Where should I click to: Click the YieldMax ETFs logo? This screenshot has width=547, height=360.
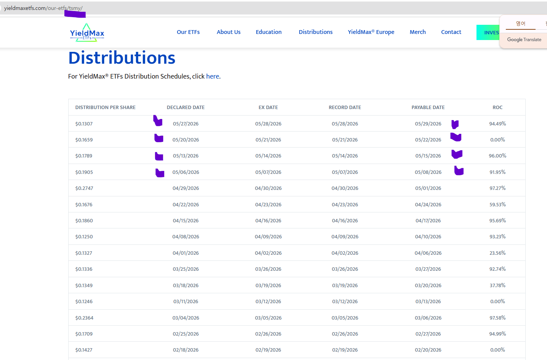87,32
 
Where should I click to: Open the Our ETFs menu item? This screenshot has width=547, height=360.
188,32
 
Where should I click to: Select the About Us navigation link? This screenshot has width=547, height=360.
229,32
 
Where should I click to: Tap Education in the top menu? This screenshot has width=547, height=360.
269,32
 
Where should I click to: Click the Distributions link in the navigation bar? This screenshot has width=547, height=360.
316,32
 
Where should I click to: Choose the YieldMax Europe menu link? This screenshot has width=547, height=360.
371,32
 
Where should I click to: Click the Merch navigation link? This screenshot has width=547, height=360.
417,32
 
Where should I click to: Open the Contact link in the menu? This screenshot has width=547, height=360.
451,32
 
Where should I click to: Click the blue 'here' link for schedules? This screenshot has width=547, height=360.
212,76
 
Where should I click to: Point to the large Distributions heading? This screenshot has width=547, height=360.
122,58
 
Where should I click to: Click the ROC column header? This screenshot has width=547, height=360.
497,108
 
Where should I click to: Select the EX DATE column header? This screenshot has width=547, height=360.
268,108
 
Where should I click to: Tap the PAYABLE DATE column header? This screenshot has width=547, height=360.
428,108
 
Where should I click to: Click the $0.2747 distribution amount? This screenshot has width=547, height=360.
84,188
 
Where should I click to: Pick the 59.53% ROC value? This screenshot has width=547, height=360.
497,204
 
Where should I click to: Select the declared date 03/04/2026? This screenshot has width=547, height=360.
186,318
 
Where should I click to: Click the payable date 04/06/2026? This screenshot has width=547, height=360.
428,253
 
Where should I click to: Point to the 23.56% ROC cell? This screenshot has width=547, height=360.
497,253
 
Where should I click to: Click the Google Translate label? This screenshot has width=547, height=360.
524,40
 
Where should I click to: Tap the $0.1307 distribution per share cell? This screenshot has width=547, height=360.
84,124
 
